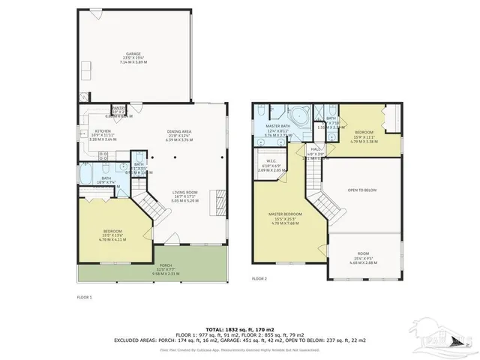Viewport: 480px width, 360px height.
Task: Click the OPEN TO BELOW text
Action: (361, 190)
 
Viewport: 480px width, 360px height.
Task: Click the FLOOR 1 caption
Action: (84, 298)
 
